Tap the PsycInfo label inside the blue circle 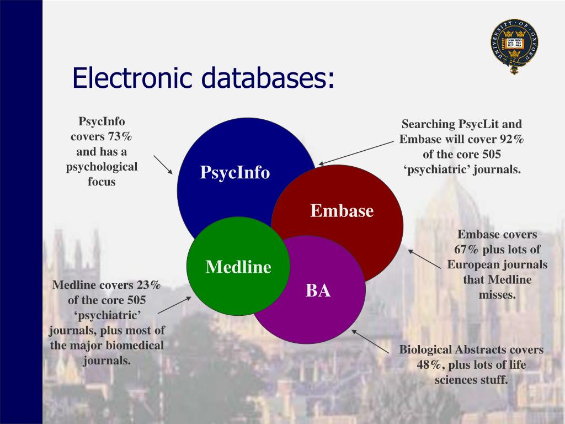click(x=235, y=173)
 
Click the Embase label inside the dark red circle click(x=342, y=211)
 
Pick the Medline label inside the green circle click(x=238, y=268)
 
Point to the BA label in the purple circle click(x=318, y=290)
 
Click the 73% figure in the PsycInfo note click(x=120, y=136)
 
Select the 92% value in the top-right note click(x=510, y=139)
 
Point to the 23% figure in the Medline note click(x=148, y=285)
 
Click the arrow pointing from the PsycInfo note click(x=163, y=165)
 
